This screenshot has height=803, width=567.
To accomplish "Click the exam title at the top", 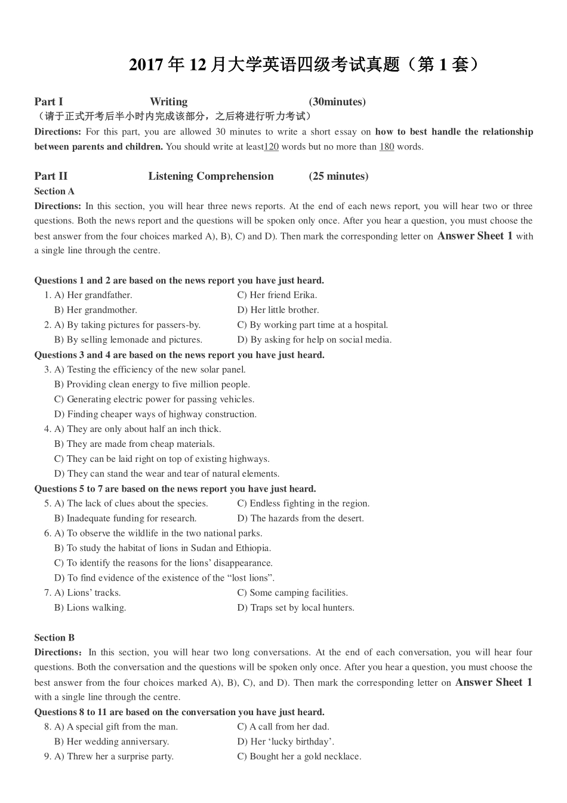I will tap(305, 65).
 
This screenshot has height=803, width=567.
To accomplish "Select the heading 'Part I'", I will tap(48, 102).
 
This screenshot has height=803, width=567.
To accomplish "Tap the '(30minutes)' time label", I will tap(337, 102).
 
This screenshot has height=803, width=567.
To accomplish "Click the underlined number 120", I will tap(271, 147).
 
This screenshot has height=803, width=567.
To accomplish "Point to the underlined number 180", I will tap(387, 147).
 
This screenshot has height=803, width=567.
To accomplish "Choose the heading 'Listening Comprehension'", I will tap(211, 176).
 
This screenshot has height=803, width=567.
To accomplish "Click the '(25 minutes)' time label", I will tap(338, 176).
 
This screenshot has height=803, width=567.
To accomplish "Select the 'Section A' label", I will tap(54, 191).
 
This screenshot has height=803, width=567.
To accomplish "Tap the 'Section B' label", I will tap(54, 638).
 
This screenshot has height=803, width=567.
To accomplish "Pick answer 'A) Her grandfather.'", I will tap(93, 295).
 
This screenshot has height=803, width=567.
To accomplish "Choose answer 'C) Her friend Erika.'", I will tap(277, 295).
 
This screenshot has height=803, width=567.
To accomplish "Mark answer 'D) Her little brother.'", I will tap(278, 310).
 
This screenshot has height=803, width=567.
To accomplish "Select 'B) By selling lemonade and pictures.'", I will tap(128, 340).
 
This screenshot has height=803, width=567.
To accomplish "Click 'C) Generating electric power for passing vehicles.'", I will tap(154, 399).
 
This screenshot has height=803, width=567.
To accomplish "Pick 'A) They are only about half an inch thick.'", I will tap(137, 429).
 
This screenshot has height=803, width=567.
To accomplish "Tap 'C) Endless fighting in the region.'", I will tap(303, 504).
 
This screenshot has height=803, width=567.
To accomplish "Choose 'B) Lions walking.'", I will tap(90, 608).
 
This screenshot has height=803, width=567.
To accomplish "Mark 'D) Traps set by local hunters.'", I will tap(295, 608).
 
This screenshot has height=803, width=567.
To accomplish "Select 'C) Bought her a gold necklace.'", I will tap(299, 756).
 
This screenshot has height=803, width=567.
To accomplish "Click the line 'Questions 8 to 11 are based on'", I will tap(179, 712).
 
